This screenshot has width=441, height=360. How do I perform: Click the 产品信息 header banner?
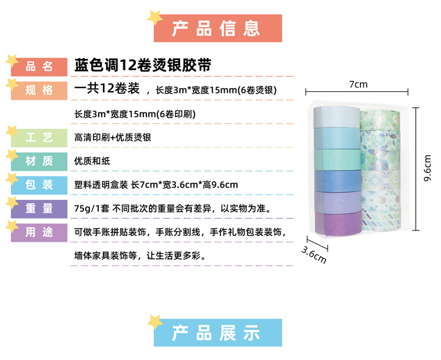click(218, 28)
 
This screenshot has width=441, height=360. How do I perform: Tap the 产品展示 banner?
click(218, 333)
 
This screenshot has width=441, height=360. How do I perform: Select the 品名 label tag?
click(39, 66)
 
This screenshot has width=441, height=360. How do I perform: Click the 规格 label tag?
click(39, 90)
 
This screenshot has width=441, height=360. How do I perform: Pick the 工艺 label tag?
click(39, 138)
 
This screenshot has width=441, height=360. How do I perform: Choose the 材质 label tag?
click(39, 161)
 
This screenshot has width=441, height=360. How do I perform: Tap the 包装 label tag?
click(39, 185)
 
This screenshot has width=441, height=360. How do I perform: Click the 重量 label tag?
click(39, 208)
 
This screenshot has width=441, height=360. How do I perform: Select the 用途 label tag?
click(39, 232)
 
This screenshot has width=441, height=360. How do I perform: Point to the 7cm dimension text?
click(358, 84)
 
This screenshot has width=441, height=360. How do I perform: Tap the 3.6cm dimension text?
click(313, 251)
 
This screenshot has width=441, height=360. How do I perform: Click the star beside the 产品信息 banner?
click(155, 17)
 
